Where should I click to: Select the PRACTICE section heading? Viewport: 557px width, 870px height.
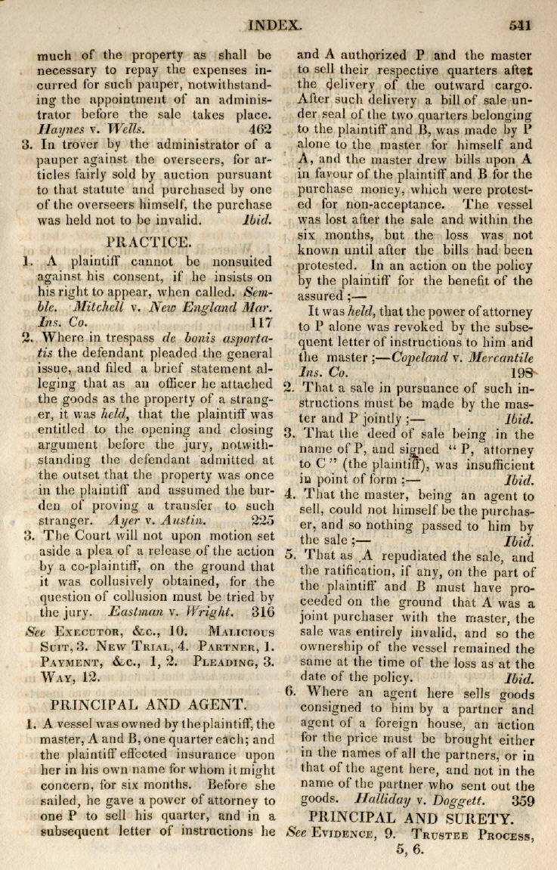[147, 243]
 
